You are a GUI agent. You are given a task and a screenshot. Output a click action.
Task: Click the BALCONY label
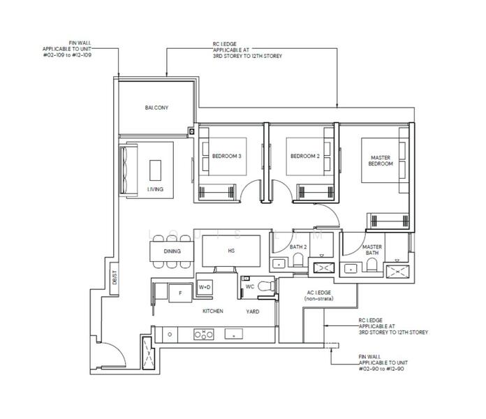pos(156,108)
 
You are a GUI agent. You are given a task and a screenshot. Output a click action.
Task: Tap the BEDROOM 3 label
pos(226,156)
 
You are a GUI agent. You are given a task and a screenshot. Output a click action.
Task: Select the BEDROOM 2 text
pos(305,156)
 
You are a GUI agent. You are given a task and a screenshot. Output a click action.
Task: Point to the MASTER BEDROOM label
pos(381,161)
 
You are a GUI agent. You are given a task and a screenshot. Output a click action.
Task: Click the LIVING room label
pos(155,189)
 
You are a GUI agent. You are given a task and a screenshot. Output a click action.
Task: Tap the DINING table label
pos(172,251)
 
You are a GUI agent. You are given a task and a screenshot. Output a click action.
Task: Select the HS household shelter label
pos(231,251)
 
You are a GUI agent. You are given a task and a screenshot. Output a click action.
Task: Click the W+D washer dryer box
pos(205,287)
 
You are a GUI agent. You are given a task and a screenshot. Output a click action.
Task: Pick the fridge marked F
pos(180,293)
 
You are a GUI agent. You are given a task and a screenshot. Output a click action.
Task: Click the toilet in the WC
pos(266,286)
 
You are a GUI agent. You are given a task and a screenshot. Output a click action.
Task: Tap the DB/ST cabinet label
pos(115,277)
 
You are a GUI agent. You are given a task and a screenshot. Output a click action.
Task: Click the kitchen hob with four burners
pos(204,334)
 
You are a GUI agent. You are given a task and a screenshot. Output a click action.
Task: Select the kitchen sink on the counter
pos(234,334)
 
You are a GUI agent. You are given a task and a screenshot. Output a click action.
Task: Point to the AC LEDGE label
pos(319,295)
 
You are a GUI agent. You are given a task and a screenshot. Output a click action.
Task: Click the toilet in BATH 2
pos(298,260)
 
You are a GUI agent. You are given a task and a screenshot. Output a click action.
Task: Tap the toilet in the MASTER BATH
pos(371,265)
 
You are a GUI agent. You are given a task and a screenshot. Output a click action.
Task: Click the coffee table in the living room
pos(155,170)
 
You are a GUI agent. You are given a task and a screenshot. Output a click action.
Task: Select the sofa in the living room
pos(128,170)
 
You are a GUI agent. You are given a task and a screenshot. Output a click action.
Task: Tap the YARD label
pos(253,311)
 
